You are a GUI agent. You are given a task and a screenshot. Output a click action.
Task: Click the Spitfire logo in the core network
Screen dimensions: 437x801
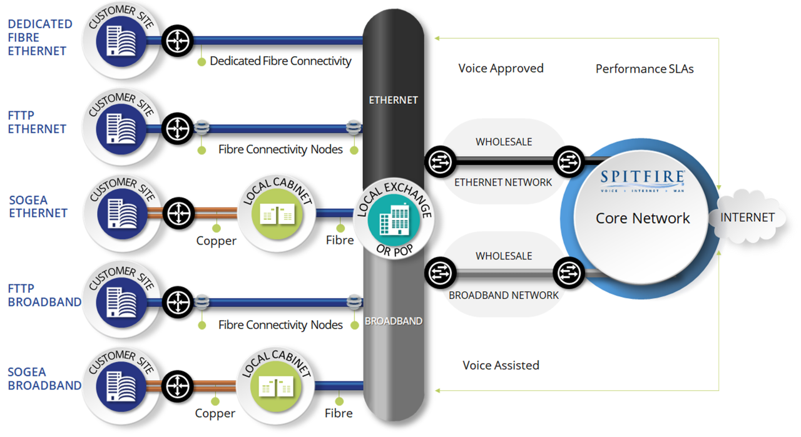pyautogui.click(x=642, y=179)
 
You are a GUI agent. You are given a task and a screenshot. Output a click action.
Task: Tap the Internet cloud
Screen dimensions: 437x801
pyautogui.click(x=747, y=218)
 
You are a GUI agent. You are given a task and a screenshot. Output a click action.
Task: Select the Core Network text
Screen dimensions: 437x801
pyautogui.click(x=642, y=218)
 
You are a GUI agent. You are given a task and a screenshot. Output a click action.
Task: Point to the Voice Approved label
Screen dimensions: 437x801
pyautogui.click(x=501, y=68)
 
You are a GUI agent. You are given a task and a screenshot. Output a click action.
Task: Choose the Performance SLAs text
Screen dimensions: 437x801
pyautogui.click(x=645, y=69)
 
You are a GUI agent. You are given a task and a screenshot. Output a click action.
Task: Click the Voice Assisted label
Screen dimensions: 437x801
pyautogui.click(x=501, y=365)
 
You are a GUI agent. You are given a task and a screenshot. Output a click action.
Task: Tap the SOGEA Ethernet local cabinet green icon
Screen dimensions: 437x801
pyautogui.click(x=277, y=214)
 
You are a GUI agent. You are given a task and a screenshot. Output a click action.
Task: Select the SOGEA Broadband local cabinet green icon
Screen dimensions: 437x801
pyautogui.click(x=276, y=386)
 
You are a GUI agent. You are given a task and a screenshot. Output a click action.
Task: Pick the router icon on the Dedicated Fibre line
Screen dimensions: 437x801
pyautogui.click(x=178, y=41)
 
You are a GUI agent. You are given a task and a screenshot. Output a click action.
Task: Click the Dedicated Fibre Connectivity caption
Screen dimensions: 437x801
pyautogui.click(x=280, y=61)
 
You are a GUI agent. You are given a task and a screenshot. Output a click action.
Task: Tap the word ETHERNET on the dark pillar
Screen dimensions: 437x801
pyautogui.click(x=393, y=100)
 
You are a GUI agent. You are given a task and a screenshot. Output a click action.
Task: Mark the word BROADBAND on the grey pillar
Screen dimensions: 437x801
pyautogui.click(x=394, y=321)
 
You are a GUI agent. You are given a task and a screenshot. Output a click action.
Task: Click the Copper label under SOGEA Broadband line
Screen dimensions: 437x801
pyautogui.click(x=215, y=413)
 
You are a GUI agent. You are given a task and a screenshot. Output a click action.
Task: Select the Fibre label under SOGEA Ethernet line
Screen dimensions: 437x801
pyautogui.click(x=340, y=240)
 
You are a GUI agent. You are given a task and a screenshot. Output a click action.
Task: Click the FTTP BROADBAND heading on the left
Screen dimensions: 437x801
pyautogui.click(x=44, y=295)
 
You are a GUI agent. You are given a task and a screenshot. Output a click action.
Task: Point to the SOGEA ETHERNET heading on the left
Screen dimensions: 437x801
pyautogui.click(x=38, y=206)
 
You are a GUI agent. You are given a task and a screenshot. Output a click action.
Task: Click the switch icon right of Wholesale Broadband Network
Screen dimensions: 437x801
pyautogui.click(x=569, y=273)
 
